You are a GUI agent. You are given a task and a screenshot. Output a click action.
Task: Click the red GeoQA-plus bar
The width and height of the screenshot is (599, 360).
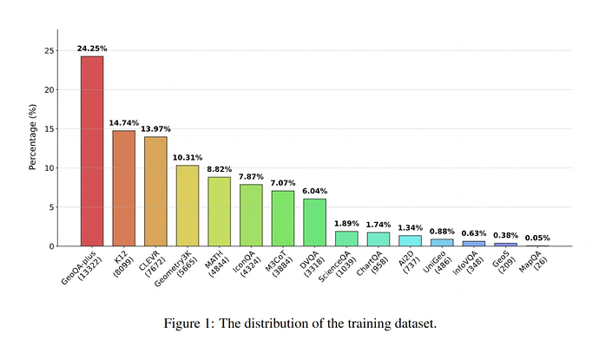point(92,151)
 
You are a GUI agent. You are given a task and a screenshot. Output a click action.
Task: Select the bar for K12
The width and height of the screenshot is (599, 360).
point(123,188)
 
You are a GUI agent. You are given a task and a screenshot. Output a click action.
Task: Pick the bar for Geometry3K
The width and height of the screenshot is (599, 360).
point(188,206)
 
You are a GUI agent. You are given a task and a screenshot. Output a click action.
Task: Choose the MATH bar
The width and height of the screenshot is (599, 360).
point(219,212)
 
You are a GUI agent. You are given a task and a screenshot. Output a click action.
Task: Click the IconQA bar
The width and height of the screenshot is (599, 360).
point(251,215)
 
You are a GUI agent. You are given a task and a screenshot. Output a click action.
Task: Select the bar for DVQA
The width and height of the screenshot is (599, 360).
point(314,222)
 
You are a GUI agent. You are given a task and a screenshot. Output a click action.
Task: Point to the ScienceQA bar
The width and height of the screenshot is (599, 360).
point(346,239)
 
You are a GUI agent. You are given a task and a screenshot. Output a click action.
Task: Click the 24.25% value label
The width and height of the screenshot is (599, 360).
point(92,48)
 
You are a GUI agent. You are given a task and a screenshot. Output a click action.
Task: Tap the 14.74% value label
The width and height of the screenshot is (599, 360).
point(123,122)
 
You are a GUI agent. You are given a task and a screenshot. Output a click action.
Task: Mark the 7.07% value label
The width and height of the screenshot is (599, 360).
point(283,183)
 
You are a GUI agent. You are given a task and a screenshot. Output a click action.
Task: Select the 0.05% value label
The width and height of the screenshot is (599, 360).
point(537,238)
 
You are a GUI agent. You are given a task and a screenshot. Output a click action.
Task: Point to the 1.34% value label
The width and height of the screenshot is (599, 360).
point(410,227)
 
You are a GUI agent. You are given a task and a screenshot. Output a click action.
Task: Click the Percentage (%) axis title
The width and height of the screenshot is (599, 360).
point(32,138)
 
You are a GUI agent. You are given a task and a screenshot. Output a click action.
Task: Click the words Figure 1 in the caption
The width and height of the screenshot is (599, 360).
point(191,324)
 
